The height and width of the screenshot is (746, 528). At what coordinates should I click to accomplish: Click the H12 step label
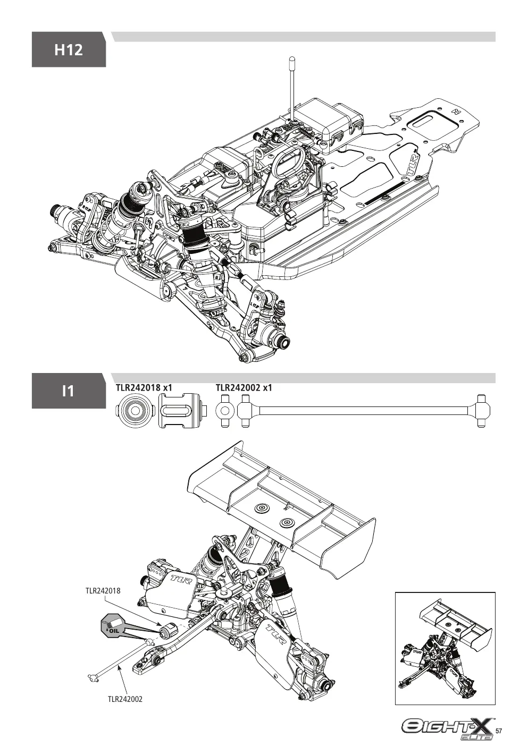tap(69, 50)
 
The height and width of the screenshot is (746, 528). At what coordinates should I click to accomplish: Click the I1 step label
tap(68, 391)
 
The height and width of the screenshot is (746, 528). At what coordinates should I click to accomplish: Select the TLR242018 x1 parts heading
tap(144, 388)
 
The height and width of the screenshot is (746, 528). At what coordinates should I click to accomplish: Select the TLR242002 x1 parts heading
tap(244, 388)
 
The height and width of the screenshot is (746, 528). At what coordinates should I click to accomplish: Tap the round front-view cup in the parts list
tap(135, 411)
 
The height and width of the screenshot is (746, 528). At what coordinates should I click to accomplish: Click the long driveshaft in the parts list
tap(364, 411)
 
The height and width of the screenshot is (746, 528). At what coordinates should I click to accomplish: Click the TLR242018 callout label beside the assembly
tap(103, 590)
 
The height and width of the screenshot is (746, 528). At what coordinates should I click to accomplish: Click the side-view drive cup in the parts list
tap(182, 411)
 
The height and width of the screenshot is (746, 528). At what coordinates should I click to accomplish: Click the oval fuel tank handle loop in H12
tap(287, 160)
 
